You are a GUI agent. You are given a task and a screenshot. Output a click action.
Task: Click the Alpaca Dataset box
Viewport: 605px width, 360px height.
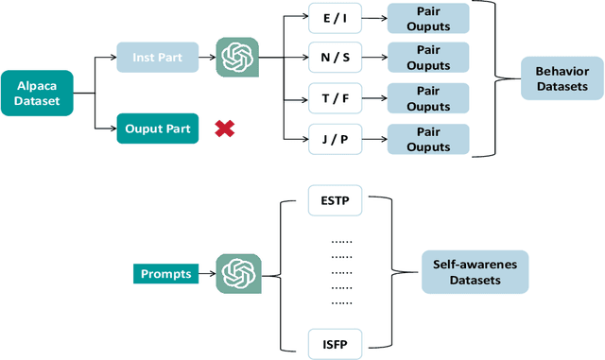(37, 93)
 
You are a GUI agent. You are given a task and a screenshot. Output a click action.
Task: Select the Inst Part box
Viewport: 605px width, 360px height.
(157, 58)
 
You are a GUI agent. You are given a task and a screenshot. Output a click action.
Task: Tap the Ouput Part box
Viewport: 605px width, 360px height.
(157, 128)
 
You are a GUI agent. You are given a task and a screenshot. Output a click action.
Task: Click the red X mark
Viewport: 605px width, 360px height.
(225, 128)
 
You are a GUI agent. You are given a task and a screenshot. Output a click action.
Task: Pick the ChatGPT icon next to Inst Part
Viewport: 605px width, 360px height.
(238, 58)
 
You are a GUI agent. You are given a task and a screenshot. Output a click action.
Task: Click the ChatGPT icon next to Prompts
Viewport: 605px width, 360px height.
(238, 274)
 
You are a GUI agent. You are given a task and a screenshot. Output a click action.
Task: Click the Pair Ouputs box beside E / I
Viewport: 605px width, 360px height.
(428, 17)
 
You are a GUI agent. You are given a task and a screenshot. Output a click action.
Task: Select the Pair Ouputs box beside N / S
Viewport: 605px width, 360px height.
(428, 58)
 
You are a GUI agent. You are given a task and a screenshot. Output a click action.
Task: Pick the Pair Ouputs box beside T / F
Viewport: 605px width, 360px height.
(428, 99)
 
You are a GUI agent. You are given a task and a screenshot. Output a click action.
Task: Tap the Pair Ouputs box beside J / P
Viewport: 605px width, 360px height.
(428, 141)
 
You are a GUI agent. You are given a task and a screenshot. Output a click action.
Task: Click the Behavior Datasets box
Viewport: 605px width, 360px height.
(562, 78)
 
